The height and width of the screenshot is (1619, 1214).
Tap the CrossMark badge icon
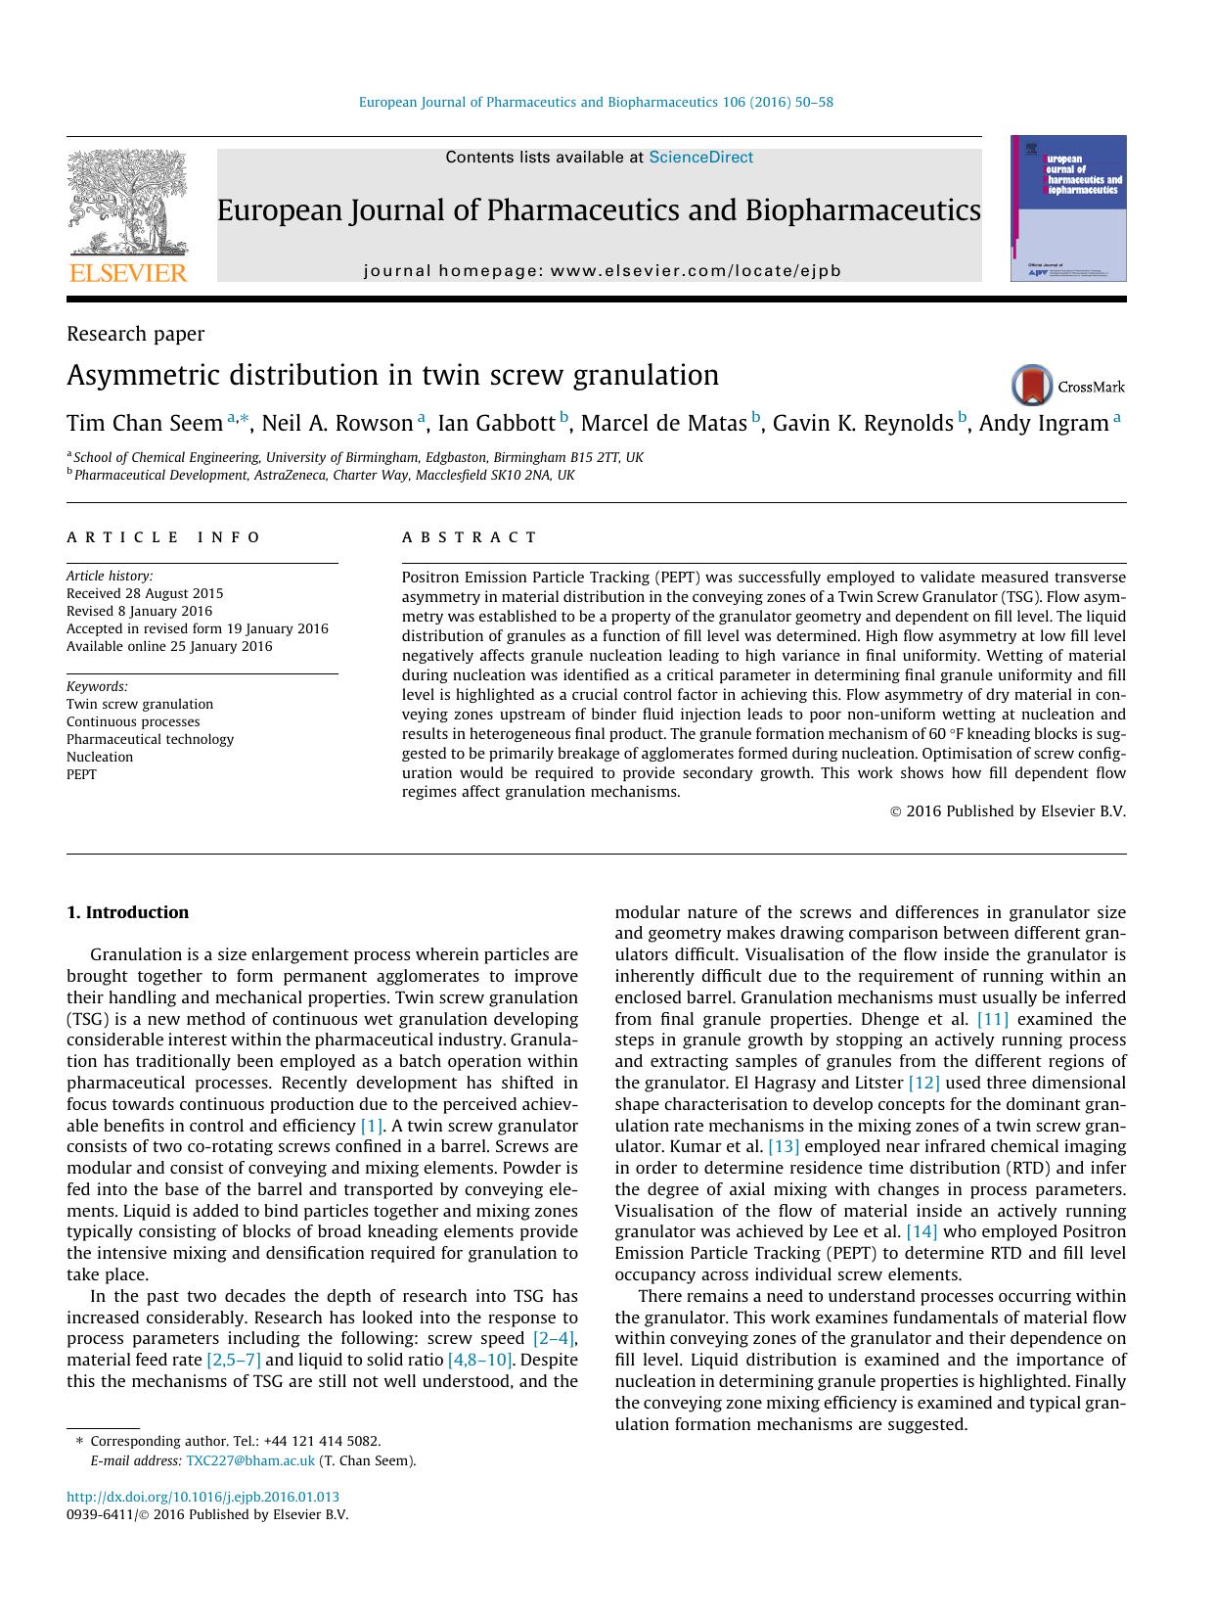click(x=1032, y=386)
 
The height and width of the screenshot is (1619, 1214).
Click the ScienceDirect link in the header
click(x=700, y=158)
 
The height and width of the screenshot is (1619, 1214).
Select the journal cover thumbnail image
click(x=1067, y=208)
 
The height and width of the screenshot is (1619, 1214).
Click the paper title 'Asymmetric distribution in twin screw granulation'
click(x=392, y=376)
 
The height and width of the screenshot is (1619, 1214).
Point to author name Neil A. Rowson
click(x=337, y=424)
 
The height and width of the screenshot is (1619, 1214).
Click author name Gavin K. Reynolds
click(x=862, y=424)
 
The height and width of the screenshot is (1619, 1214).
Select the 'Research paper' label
click(x=135, y=334)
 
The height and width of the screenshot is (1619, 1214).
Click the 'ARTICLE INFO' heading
click(x=163, y=537)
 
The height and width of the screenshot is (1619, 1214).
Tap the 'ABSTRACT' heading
click(x=470, y=537)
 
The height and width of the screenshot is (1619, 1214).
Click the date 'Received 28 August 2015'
click(x=145, y=593)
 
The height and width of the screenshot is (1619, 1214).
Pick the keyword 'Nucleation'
click(x=100, y=757)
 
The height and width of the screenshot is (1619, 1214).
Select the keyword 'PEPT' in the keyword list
click(x=81, y=774)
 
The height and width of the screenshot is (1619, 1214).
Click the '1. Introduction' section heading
click(x=127, y=912)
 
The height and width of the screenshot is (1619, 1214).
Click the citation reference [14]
click(x=922, y=1231)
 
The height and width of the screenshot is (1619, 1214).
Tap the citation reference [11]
click(x=992, y=1019)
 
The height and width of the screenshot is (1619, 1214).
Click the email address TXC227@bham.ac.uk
click(x=250, y=1460)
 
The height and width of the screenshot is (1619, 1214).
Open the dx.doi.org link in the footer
click(x=202, y=1497)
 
